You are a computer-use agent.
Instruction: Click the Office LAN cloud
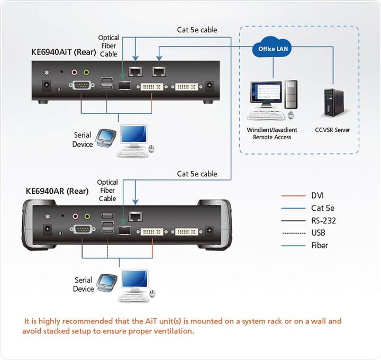274,49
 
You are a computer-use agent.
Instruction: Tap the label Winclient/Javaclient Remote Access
272,133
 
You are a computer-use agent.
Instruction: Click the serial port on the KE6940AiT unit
81,86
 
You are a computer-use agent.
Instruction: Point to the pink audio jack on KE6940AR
75,216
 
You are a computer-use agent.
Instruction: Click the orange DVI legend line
294,196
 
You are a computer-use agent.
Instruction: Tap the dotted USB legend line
294,233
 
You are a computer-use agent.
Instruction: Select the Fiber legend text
320,245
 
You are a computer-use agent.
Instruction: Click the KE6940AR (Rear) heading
57,191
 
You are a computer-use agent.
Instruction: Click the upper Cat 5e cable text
197,30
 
